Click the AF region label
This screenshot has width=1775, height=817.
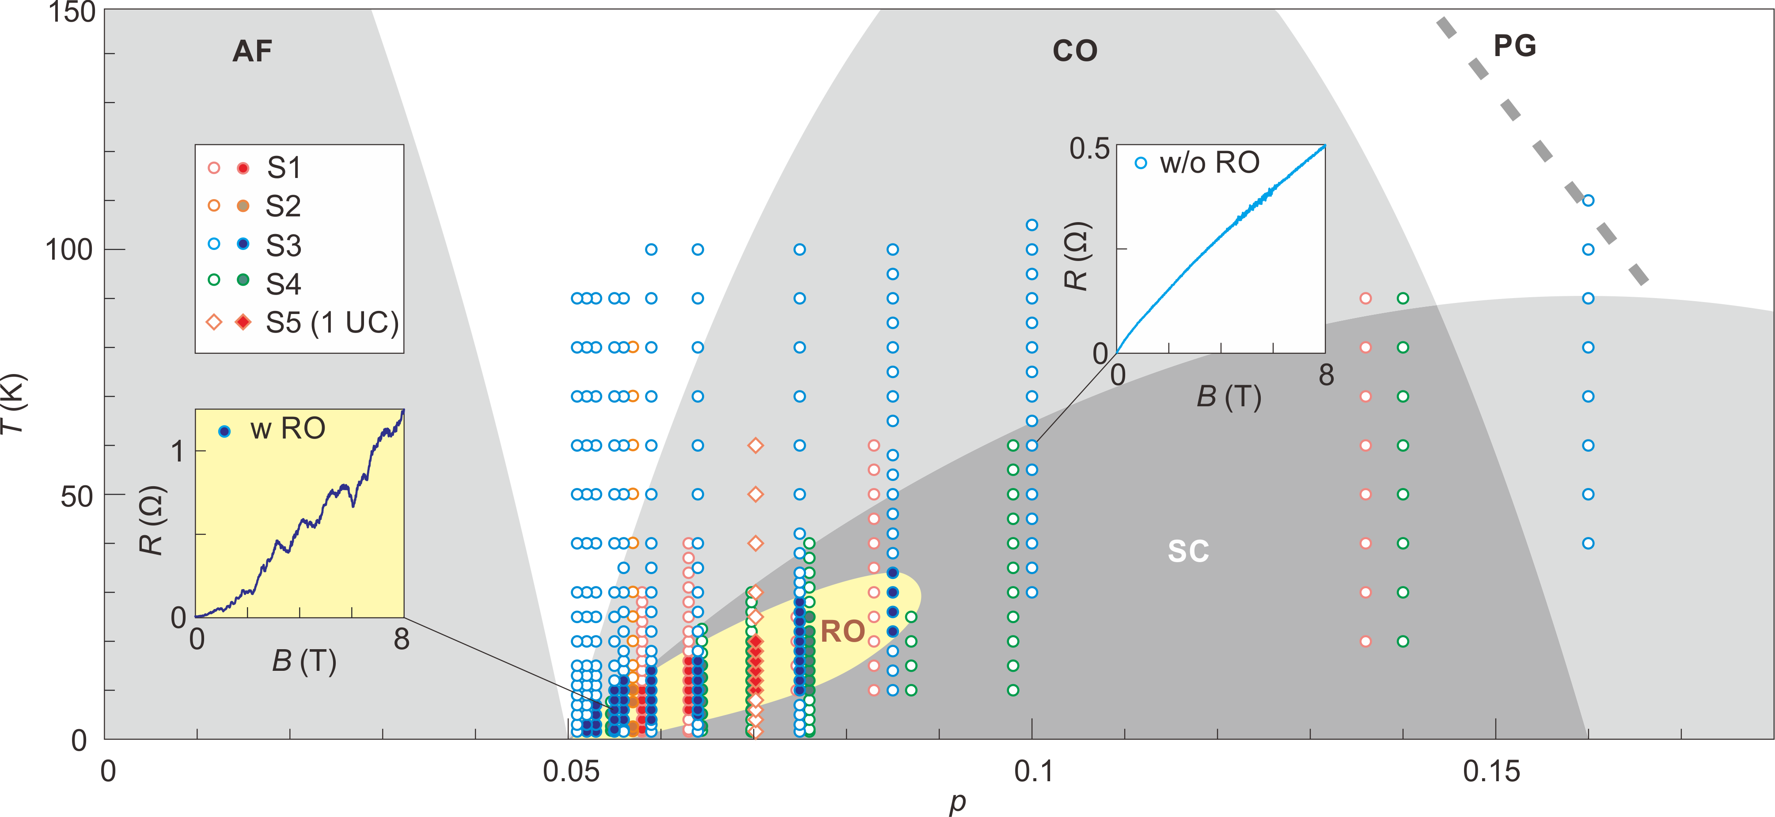pyautogui.click(x=252, y=51)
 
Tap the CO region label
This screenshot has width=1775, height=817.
pyautogui.click(x=1074, y=51)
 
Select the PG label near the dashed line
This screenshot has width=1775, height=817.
pyautogui.click(x=1514, y=46)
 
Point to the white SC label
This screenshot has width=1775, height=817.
pyautogui.click(x=1188, y=551)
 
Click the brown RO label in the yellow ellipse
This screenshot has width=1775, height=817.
pyautogui.click(x=842, y=631)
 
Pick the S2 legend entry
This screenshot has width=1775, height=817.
pyautogui.click(x=283, y=206)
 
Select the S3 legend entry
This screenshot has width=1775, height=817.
pyautogui.click(x=283, y=245)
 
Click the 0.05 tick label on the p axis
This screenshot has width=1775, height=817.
pyautogui.click(x=571, y=772)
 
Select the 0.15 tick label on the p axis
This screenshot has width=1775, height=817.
pyautogui.click(x=1491, y=772)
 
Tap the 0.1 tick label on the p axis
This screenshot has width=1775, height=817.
pyautogui.click(x=1033, y=772)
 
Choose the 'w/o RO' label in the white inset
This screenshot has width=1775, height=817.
pyautogui.click(x=1209, y=163)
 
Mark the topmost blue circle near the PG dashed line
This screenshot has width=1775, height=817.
pyautogui.click(x=1588, y=200)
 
